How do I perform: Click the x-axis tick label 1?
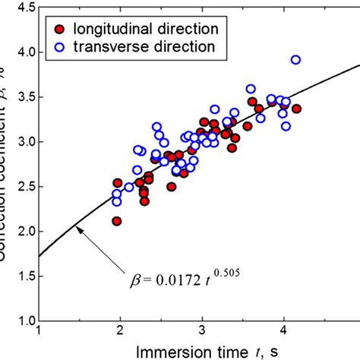pos(39,332)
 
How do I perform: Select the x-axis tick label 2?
pos(120,332)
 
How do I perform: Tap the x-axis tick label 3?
pos(202,332)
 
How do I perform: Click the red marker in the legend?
pos(61,29)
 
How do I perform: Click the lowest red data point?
pos(117,221)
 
